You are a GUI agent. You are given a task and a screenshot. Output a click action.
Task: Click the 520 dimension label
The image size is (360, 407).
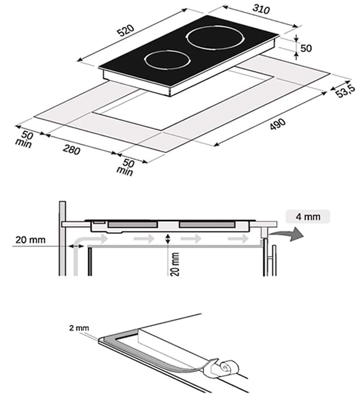coord(125,32)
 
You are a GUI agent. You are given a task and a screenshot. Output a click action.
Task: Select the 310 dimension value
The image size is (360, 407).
coord(262,10)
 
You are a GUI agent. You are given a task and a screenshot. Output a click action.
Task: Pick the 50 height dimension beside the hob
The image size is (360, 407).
coord(306,48)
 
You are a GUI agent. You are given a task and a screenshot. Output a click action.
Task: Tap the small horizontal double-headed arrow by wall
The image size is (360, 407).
coord(76,246)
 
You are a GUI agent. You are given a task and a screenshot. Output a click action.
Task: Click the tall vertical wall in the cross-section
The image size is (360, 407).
coord(62,240)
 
